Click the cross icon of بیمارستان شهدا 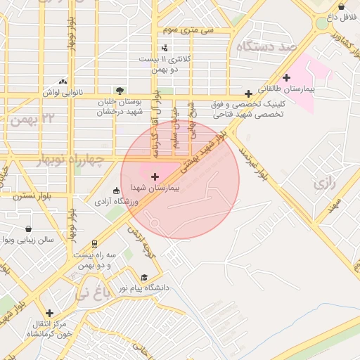tap(155, 176)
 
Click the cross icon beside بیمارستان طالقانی tap(286, 77)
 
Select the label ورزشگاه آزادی tap(116, 202)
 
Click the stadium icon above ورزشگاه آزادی tap(117, 190)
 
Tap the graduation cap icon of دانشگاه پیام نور tap(145, 277)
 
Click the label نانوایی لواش tap(64, 93)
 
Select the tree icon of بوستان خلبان tap(119, 90)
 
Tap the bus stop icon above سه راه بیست tap(94, 244)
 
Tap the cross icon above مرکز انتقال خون tap(49, 313)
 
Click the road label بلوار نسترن tap(29, 196)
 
